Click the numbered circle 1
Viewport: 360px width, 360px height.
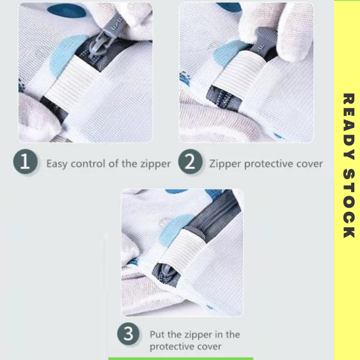click(25, 161)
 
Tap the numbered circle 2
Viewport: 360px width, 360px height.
click(190, 161)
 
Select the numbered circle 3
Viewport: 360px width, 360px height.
click(128, 334)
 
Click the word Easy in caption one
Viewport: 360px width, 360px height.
click(57, 164)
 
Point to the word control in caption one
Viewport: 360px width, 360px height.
click(88, 164)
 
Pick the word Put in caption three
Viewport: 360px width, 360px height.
click(157, 335)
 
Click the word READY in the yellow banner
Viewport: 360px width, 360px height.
click(349, 126)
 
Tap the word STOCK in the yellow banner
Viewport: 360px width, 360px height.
click(349, 204)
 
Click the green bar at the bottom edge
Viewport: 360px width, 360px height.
click(181, 359)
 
